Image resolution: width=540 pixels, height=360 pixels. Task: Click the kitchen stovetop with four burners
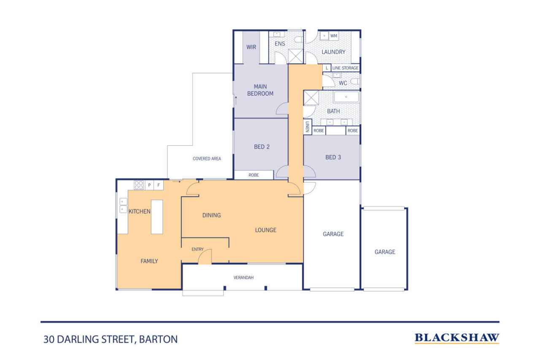(x=139, y=185)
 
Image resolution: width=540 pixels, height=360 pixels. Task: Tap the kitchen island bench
(x=157, y=217)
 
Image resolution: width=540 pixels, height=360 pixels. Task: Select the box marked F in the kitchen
(x=159, y=185)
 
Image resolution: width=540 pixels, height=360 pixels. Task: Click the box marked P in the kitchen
(x=149, y=185)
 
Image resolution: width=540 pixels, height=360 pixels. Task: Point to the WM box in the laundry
(x=334, y=36)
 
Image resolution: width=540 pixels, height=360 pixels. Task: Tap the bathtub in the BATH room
(x=346, y=97)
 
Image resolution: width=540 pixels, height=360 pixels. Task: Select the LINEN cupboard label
(x=308, y=127)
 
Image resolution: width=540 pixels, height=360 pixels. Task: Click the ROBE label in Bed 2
(x=254, y=175)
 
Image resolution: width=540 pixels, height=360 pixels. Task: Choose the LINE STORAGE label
(x=345, y=68)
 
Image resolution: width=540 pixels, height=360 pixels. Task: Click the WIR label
(x=251, y=47)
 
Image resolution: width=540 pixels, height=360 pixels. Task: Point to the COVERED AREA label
(x=207, y=159)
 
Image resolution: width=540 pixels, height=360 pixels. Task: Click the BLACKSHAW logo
(x=456, y=338)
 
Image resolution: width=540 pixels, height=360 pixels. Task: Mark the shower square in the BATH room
(x=312, y=97)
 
